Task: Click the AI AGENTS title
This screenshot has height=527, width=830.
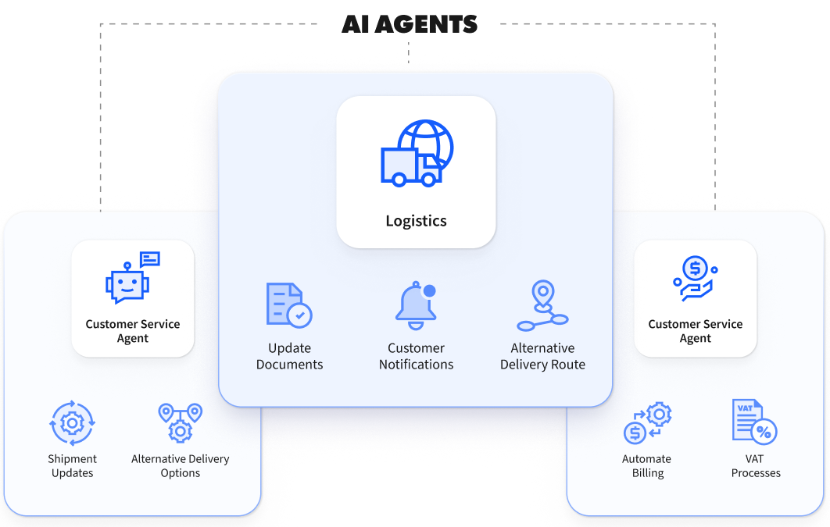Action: pos(409,24)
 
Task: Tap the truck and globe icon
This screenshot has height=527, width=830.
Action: pos(417,154)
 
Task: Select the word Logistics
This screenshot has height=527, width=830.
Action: pos(416,221)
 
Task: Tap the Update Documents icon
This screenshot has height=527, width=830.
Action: pos(288,305)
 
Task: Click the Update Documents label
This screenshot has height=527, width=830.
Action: pos(289,356)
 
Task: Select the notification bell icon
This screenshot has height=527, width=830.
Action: pos(415,306)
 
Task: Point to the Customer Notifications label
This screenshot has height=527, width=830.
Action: pos(416,356)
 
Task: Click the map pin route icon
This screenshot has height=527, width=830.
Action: pos(542,306)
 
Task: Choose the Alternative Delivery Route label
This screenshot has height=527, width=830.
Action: pos(542,356)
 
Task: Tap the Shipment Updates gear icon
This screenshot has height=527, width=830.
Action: pos(72,423)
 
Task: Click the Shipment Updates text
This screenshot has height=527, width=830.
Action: pos(72,466)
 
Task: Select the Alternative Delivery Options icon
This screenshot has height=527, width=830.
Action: pos(180,422)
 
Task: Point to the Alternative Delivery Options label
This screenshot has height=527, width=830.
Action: pos(180,466)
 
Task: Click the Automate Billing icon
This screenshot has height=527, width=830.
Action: pos(647,423)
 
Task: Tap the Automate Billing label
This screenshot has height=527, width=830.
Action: pos(646,466)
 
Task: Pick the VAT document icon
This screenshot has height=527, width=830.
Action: pos(754,422)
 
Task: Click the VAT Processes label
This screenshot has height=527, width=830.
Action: pos(756,466)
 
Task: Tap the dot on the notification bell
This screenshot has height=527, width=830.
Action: pos(429,291)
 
